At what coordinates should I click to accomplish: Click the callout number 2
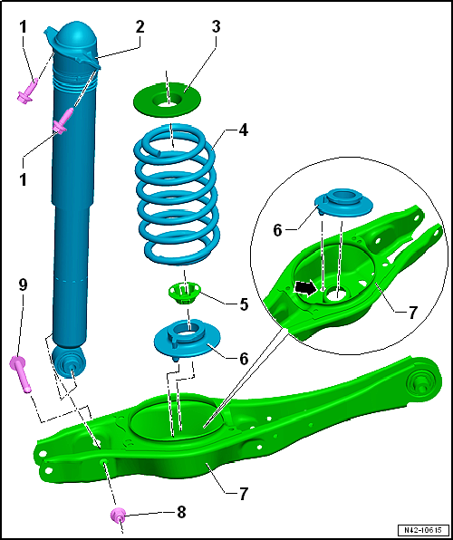(140, 26)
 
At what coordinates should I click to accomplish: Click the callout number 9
(23, 284)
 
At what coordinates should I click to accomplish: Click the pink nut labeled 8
(117, 516)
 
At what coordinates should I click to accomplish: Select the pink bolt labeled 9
(21, 374)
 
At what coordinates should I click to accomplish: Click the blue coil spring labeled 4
(178, 195)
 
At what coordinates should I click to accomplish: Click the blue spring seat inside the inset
(342, 204)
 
